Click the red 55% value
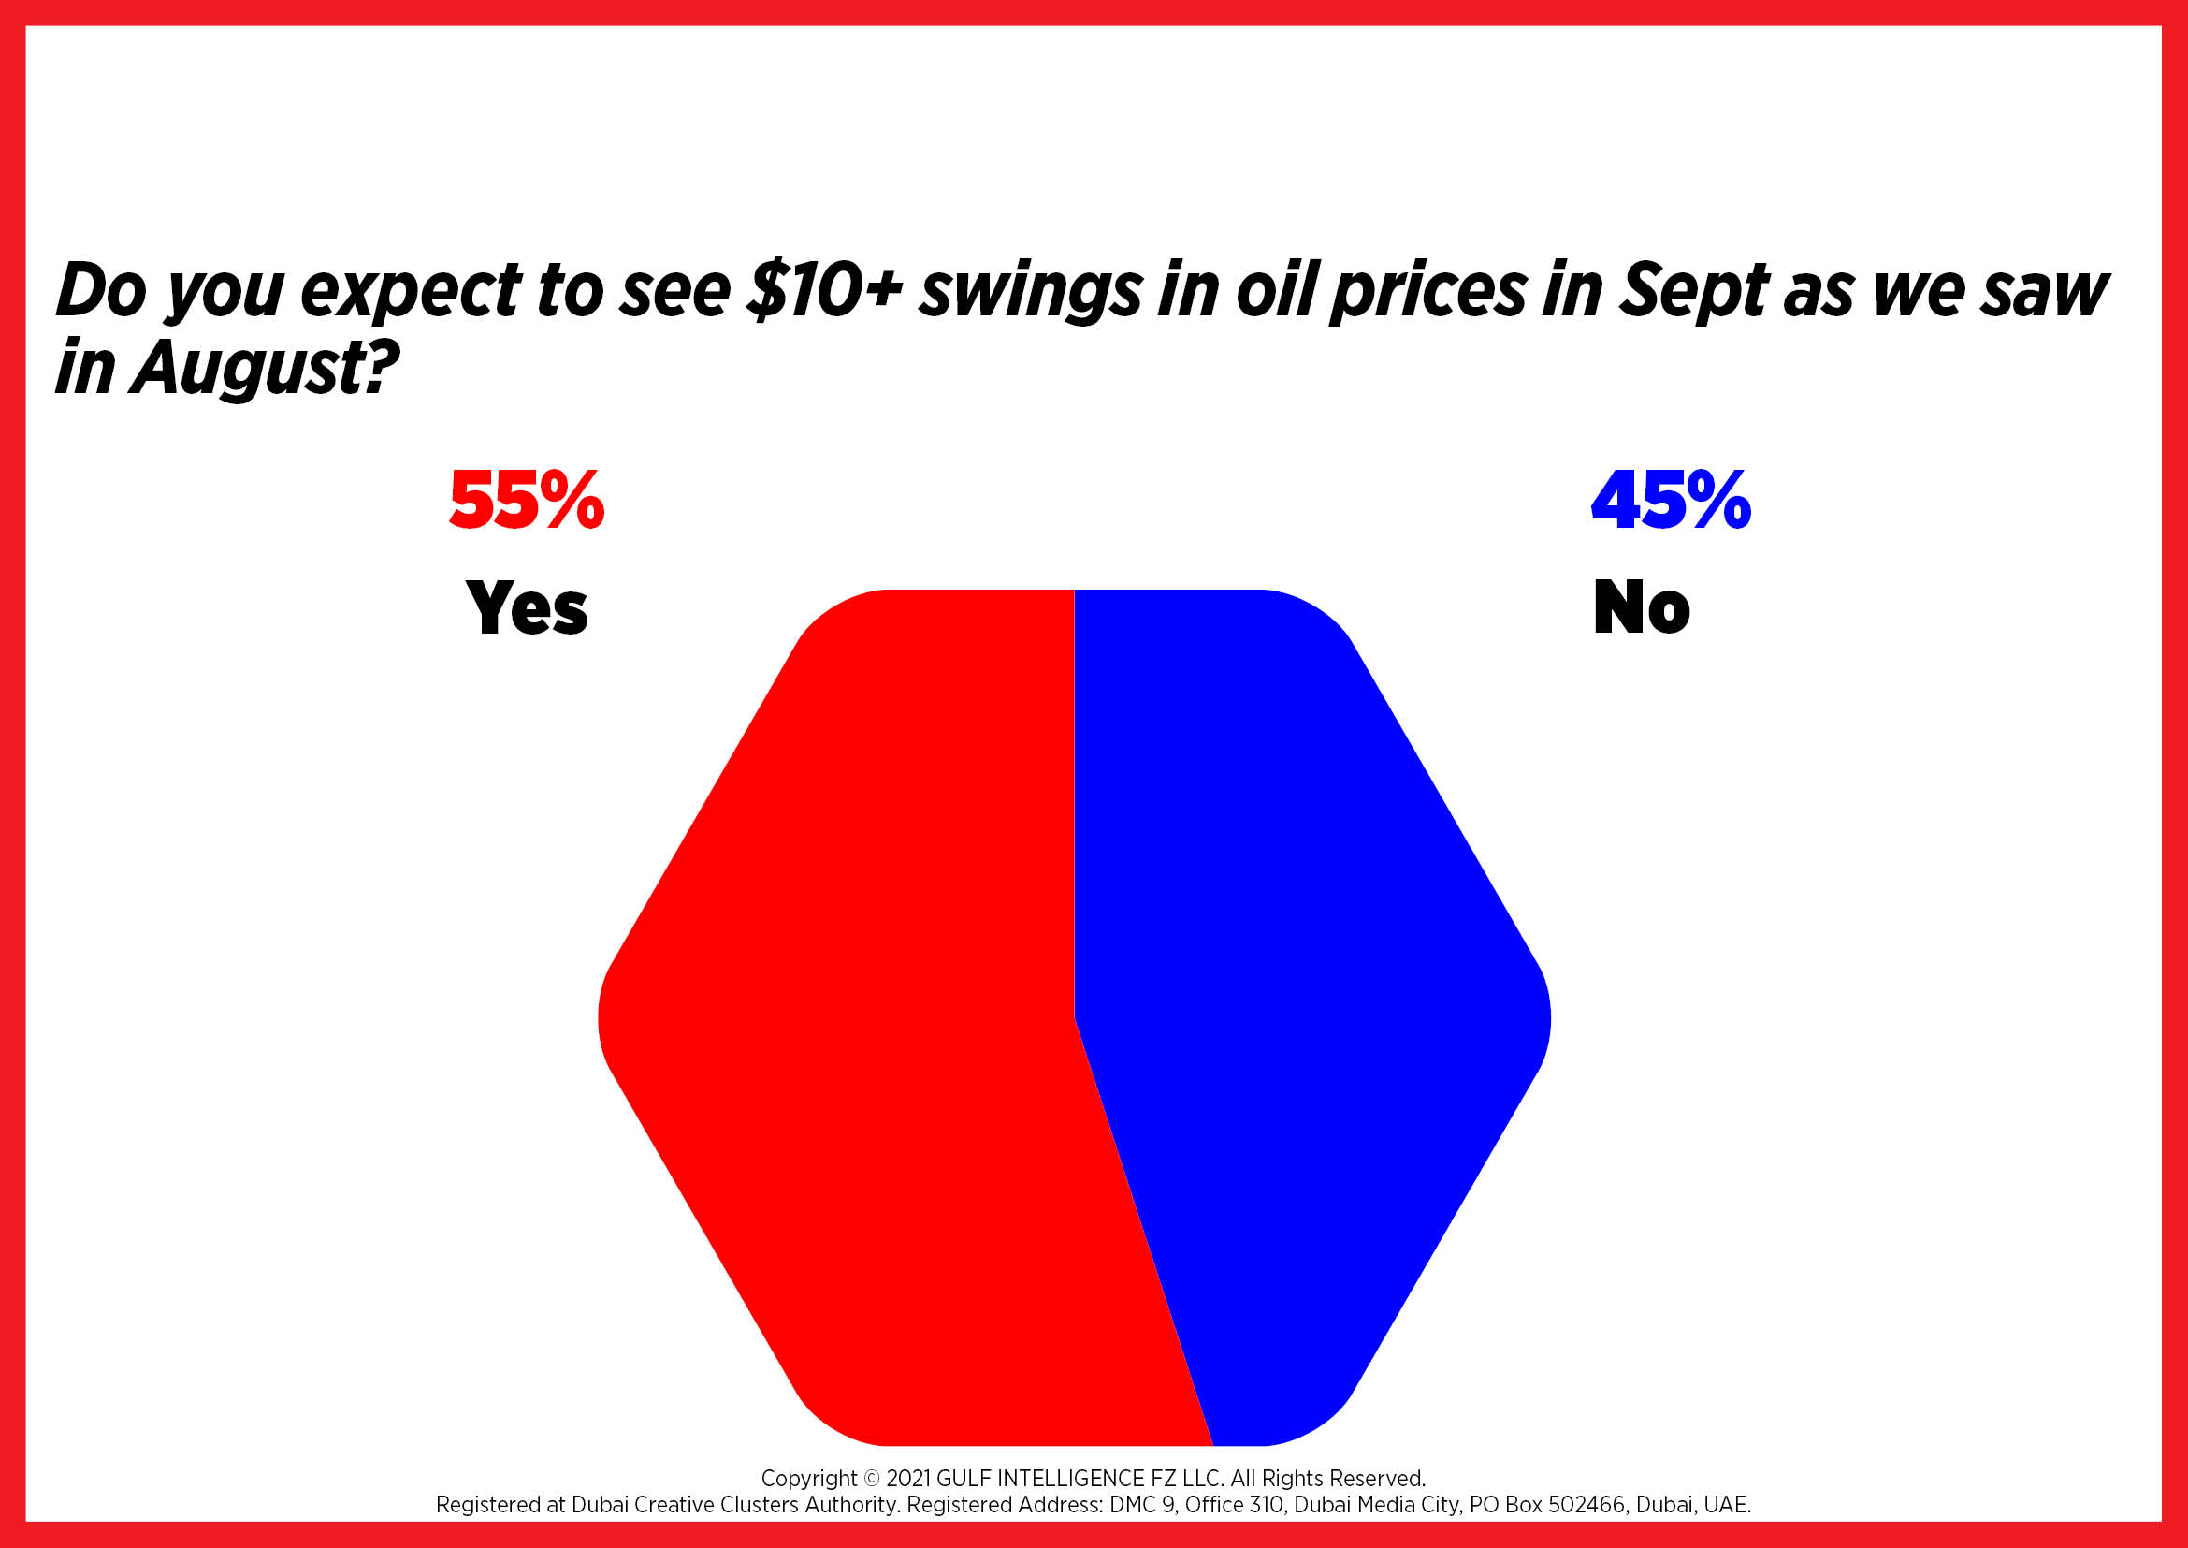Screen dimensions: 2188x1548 click(x=527, y=501)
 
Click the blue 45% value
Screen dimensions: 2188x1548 click(x=1671, y=501)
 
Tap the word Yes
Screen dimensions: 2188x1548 click(x=527, y=607)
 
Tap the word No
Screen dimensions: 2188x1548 click(x=1642, y=607)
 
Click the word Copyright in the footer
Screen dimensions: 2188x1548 click(x=809, y=1479)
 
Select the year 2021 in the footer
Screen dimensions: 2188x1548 click(x=908, y=1479)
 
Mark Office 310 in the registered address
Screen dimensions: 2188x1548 click(x=1234, y=1505)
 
